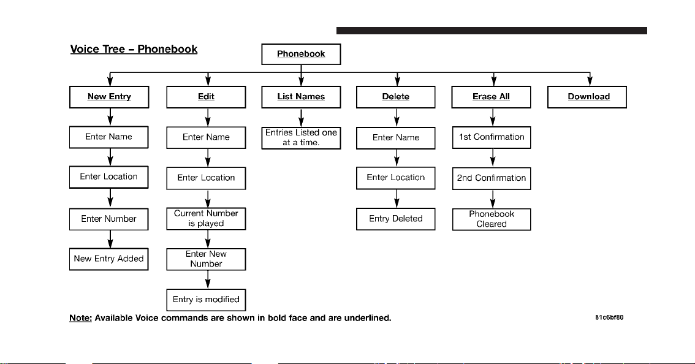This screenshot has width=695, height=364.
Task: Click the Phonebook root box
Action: pyautogui.click(x=301, y=54)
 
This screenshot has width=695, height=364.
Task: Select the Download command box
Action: pyautogui.click(x=587, y=97)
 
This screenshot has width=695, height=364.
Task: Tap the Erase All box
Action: pyautogui.click(x=491, y=97)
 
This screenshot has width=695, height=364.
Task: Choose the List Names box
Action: pyautogui.click(x=301, y=97)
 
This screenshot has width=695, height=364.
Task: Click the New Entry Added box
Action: pyautogui.click(x=108, y=259)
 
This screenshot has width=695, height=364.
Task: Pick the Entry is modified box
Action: pyautogui.click(x=206, y=300)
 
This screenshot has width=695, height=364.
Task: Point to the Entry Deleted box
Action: pyautogui.click(x=396, y=219)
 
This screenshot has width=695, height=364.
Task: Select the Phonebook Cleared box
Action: pyautogui.click(x=492, y=219)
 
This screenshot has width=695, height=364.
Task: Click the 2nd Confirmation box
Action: pyautogui.click(x=492, y=178)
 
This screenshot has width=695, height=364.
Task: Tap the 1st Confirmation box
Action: pyautogui.click(x=492, y=137)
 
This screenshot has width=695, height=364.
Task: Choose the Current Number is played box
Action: pyautogui.click(x=206, y=219)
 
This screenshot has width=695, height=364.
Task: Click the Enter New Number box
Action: pyautogui.click(x=206, y=259)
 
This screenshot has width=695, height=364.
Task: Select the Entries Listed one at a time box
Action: pyautogui.click(x=301, y=138)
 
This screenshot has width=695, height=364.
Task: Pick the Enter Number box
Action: pyautogui.click(x=108, y=219)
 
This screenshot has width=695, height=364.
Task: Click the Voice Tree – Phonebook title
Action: pyautogui.click(x=134, y=49)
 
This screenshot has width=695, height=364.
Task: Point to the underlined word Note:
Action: pyautogui.click(x=81, y=318)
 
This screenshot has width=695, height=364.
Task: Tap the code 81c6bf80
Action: pyautogui.click(x=609, y=317)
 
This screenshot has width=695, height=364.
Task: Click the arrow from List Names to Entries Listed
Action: pyautogui.click(x=301, y=118)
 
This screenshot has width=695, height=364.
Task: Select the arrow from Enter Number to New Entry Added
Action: pyautogui.click(x=110, y=240)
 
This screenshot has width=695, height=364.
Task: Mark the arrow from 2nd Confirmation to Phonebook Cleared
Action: pyautogui.click(x=492, y=199)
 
